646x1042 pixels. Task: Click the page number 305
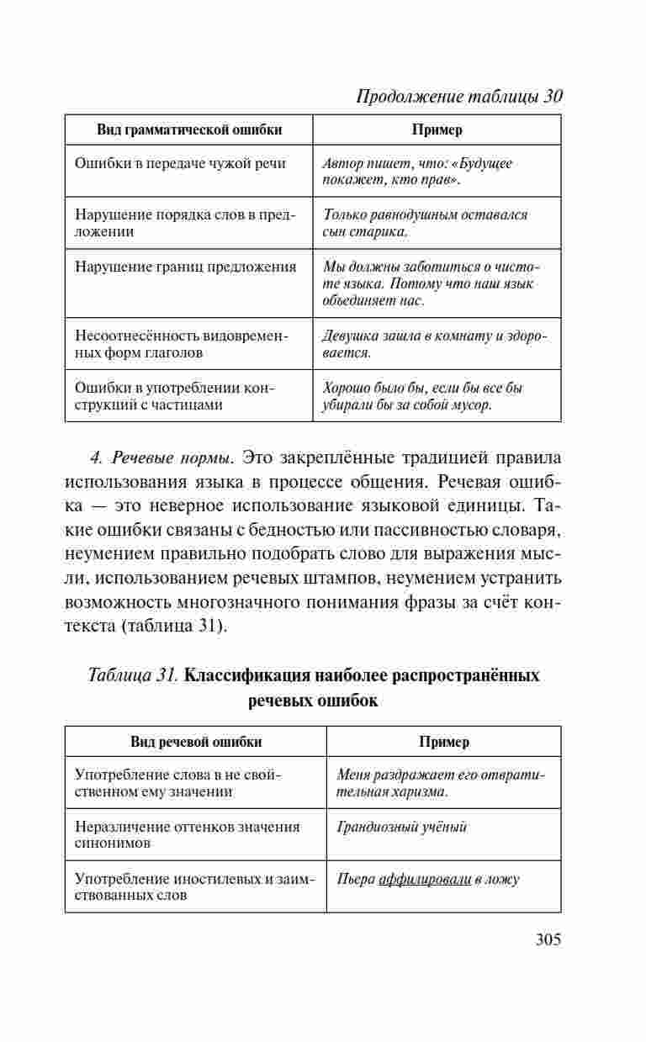click(x=548, y=939)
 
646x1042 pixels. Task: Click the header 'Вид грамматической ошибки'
click(x=189, y=130)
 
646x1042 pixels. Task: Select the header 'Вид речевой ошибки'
click(x=196, y=742)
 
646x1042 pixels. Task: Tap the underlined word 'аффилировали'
click(x=424, y=880)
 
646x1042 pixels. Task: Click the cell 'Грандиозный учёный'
click(x=401, y=828)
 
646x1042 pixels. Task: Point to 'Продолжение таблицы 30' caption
click(x=459, y=96)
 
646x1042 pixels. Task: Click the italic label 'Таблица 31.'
click(x=133, y=675)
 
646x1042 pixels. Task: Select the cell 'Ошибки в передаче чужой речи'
click(x=180, y=163)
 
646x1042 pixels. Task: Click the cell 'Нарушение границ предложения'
click(x=186, y=267)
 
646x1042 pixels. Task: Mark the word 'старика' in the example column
click(x=378, y=231)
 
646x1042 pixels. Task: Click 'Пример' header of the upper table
click(x=437, y=130)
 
